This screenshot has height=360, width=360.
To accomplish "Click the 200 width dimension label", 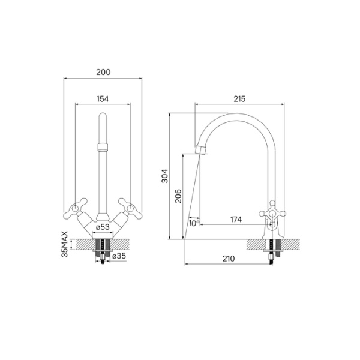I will [103, 72].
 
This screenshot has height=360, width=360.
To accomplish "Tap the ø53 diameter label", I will [103, 227].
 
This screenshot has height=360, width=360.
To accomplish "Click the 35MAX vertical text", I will [65, 242].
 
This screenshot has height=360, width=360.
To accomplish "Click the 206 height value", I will [178, 197].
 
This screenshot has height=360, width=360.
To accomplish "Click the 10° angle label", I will [193, 223].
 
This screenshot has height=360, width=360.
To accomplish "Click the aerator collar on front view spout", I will [103, 147].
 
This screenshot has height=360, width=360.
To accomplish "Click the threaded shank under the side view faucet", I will [275, 249].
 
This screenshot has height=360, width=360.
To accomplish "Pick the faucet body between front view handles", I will [103, 216].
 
